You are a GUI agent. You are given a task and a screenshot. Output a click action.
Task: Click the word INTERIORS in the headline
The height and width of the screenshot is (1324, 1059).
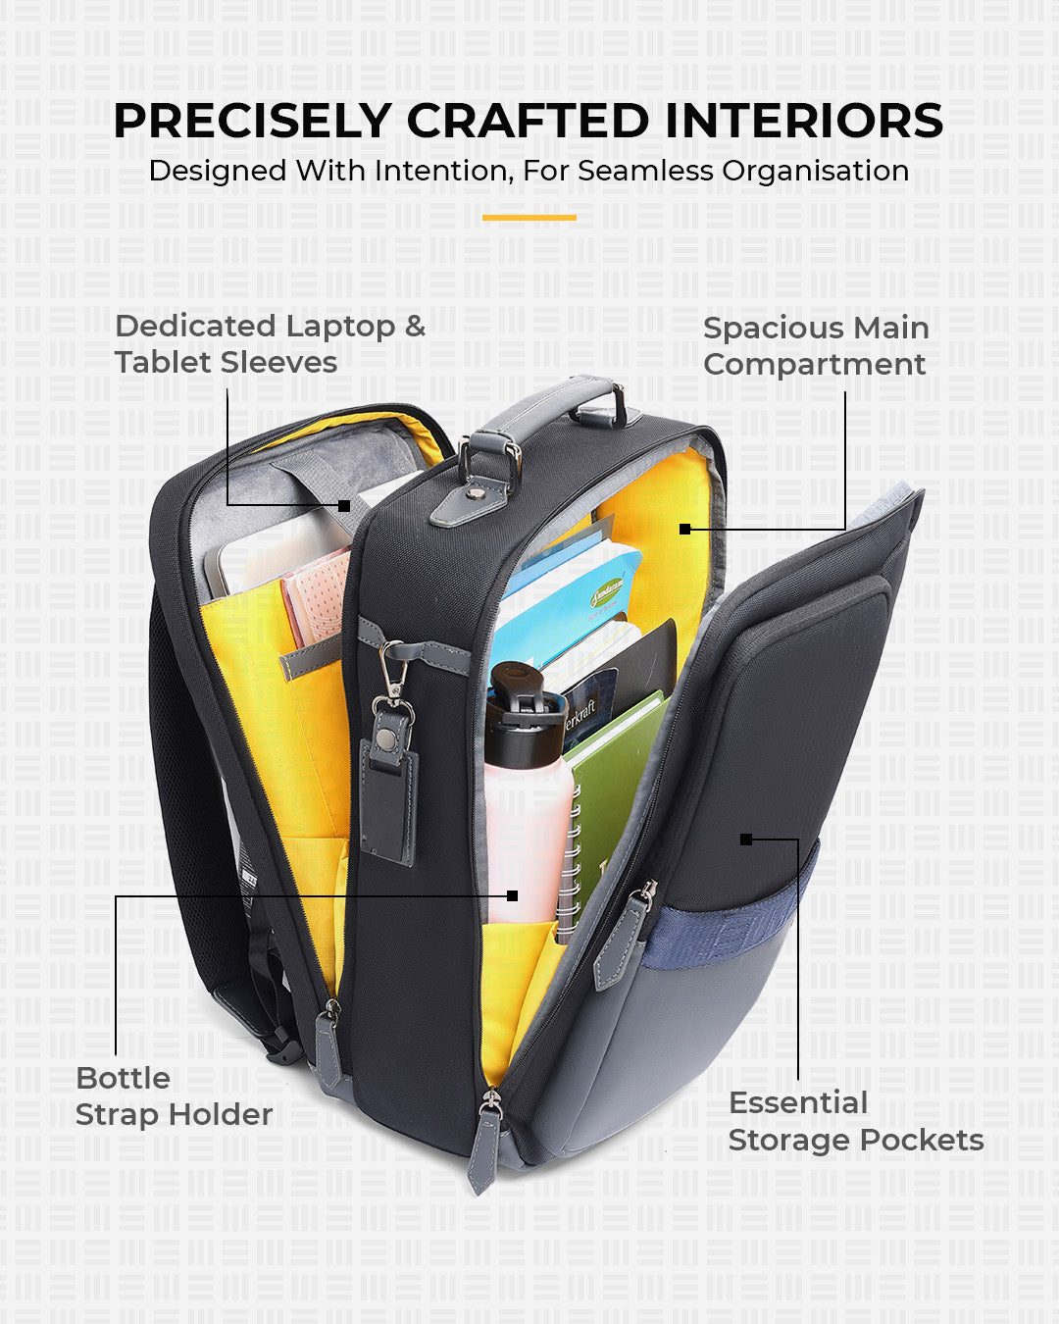(804, 122)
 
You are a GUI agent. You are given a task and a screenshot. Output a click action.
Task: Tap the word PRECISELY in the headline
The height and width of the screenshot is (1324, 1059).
(252, 122)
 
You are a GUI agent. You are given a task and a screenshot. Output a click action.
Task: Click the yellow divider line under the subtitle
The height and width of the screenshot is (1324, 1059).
(529, 218)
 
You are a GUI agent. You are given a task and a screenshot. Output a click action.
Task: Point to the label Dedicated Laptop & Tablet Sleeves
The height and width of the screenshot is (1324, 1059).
(270, 344)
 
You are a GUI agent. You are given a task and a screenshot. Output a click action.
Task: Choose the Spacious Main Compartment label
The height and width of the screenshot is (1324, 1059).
(815, 346)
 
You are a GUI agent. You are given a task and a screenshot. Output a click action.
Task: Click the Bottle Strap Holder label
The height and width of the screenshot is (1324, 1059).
(174, 1096)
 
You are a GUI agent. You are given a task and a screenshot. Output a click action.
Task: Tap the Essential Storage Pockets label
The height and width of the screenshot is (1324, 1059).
(855, 1121)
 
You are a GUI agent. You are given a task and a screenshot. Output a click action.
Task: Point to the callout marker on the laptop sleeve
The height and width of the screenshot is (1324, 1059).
(344, 506)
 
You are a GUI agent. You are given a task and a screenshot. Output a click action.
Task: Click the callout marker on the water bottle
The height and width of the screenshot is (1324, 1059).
(512, 895)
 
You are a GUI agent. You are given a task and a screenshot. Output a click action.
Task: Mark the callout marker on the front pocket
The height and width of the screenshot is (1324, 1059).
(746, 840)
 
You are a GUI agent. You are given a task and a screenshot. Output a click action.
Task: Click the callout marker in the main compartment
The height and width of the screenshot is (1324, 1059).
(684, 529)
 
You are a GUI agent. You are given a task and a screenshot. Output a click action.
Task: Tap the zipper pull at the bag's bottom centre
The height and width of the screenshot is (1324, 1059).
(483, 1147)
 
